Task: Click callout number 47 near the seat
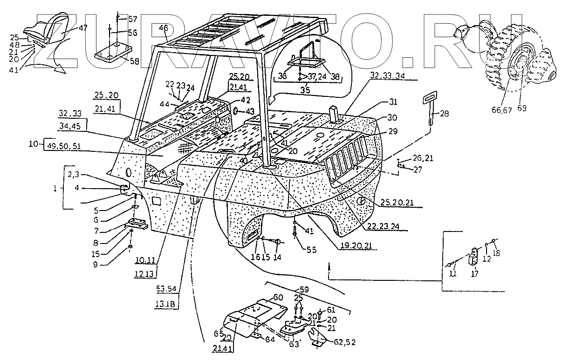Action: tap(82, 28)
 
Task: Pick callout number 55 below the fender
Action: tap(311, 250)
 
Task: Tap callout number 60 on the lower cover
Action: tap(278, 298)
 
